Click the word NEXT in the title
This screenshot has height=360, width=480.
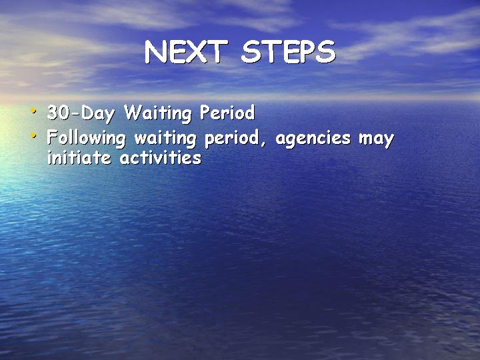[186, 52]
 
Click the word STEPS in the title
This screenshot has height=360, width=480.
[289, 52]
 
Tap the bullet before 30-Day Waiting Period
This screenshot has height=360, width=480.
[33, 110]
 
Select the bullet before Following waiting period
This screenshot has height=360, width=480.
[33, 135]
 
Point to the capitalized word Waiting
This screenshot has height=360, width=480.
[157, 113]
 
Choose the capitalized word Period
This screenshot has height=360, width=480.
[227, 112]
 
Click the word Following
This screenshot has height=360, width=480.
[86, 138]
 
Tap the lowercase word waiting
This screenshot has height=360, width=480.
[165, 139]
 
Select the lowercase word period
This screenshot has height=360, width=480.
[232, 139]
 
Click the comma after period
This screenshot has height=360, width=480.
[263, 143]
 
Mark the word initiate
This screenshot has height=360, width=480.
[79, 158]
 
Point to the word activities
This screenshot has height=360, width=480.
[161, 158]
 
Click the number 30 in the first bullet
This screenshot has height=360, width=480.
[59, 113]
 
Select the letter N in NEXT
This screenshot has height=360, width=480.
[156, 52]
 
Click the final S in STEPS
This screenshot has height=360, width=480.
[326, 52]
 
